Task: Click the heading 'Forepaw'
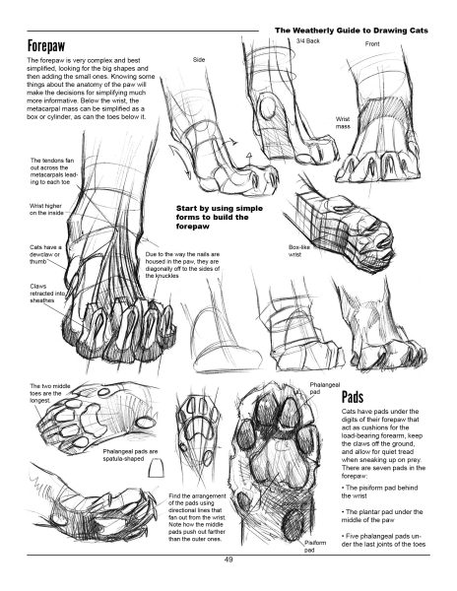click(x=46, y=46)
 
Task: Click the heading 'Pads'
click(x=353, y=397)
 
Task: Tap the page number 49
click(x=228, y=559)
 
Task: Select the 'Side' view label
click(x=199, y=59)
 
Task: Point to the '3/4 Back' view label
click(x=308, y=40)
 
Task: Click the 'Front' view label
click(x=372, y=44)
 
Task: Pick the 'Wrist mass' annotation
click(x=343, y=123)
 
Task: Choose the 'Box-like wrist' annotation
click(x=297, y=251)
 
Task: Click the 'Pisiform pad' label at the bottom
click(x=315, y=547)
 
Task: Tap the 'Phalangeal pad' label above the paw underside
click(x=325, y=388)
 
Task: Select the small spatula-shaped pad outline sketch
click(x=156, y=468)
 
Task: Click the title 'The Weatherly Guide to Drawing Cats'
click(x=352, y=31)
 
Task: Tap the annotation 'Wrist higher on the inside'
click(x=46, y=210)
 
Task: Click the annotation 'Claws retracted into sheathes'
click(x=41, y=294)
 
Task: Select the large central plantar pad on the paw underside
click(x=279, y=459)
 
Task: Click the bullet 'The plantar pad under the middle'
click(x=382, y=516)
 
